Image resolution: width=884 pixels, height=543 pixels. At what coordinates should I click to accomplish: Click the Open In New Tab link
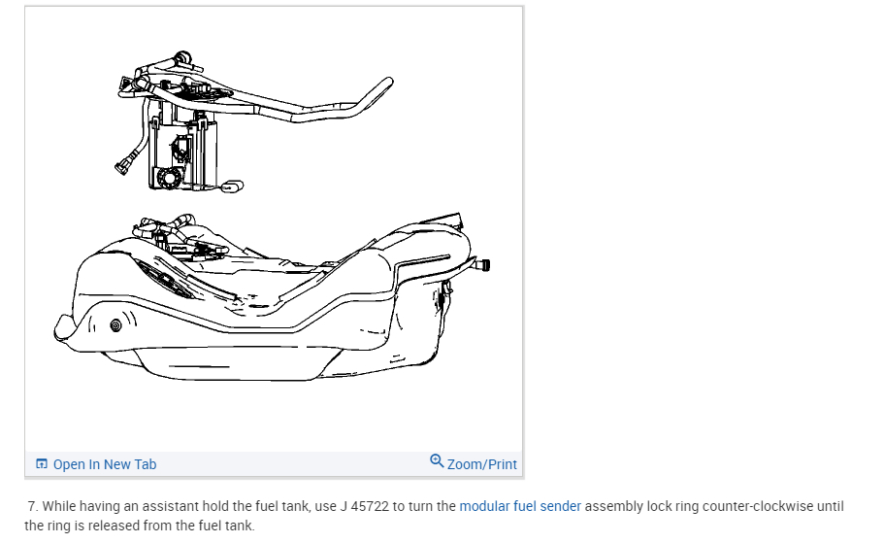click(x=104, y=464)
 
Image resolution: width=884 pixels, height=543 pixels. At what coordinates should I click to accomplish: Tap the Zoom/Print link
click(x=481, y=464)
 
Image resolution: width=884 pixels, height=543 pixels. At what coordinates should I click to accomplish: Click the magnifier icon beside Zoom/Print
click(x=437, y=462)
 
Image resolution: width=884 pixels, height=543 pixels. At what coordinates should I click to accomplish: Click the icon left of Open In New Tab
click(x=42, y=464)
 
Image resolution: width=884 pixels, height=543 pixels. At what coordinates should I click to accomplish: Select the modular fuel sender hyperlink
click(x=520, y=506)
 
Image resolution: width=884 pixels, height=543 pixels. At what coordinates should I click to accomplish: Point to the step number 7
click(x=33, y=506)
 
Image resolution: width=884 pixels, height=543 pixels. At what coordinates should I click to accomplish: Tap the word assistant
click(x=167, y=506)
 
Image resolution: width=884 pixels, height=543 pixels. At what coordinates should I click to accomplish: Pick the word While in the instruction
click(x=62, y=506)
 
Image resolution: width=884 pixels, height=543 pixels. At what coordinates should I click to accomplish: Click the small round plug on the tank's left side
click(x=116, y=323)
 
